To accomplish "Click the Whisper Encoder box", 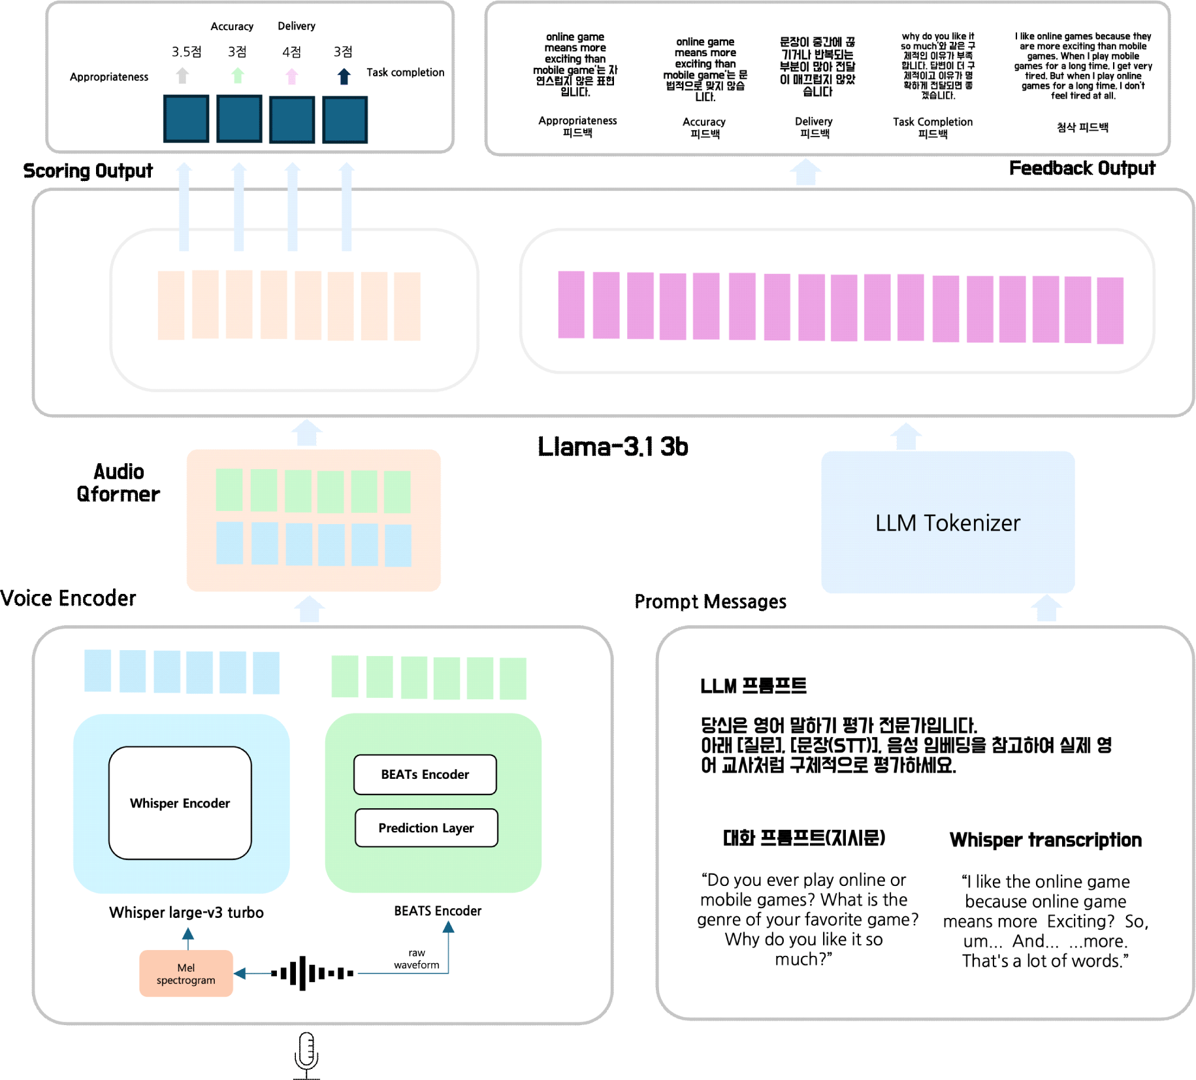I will click(180, 802).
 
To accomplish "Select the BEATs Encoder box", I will click(425, 774).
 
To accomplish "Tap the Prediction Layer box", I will click(426, 828).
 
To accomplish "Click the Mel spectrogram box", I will click(186, 974).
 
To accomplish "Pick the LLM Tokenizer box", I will click(947, 523).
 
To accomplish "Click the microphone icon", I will click(306, 1053).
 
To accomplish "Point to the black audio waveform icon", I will click(312, 973).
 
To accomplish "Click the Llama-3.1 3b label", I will click(613, 447).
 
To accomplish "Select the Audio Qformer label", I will click(118, 483).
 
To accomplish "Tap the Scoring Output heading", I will click(88, 171).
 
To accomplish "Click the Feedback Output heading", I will click(1082, 169).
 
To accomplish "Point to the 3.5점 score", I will click(186, 52).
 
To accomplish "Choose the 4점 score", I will click(291, 52).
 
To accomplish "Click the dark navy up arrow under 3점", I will click(344, 76).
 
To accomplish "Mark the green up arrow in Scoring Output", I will click(238, 76).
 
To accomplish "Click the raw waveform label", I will click(416, 959).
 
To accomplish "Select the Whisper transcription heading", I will click(1045, 840).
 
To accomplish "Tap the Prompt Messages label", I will click(710, 602).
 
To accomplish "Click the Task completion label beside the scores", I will click(405, 73).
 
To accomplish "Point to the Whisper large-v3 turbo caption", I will click(186, 913).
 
